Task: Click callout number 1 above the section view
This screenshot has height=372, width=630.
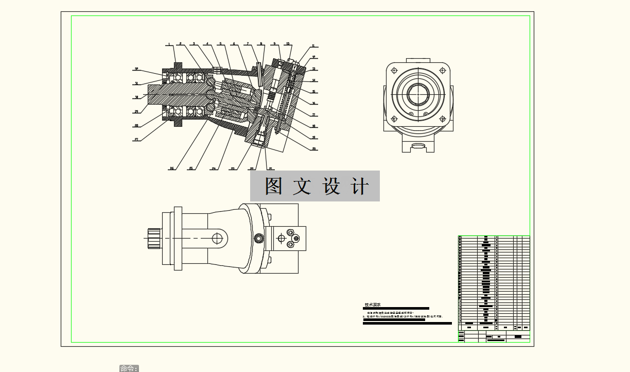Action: (x=169, y=44)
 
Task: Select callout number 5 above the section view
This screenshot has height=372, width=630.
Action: (x=221, y=44)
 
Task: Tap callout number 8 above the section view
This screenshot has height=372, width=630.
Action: (x=261, y=44)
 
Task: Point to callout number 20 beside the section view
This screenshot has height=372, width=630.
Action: (x=313, y=149)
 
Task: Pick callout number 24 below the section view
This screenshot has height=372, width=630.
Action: (x=214, y=168)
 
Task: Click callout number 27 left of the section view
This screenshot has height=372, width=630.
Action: (x=136, y=139)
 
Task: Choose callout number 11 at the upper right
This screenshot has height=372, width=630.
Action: (x=313, y=46)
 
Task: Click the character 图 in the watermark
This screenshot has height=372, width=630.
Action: (x=274, y=186)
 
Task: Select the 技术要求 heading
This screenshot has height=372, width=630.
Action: (x=373, y=305)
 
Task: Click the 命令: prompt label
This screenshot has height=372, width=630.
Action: (x=129, y=368)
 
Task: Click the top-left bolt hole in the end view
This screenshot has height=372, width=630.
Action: (x=394, y=71)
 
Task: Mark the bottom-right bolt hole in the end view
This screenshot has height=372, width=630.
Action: (x=442, y=118)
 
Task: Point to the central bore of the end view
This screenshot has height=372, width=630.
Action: (x=418, y=95)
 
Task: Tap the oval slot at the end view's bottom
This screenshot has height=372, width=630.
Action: (x=418, y=147)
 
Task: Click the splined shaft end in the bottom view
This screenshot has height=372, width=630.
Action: (x=154, y=238)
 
